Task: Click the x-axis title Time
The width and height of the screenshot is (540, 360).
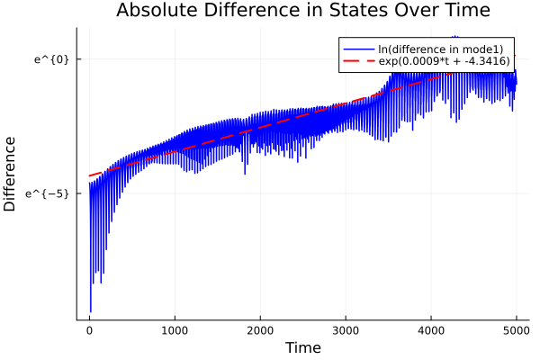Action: (x=302, y=347)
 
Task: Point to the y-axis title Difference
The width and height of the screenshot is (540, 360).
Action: (x=11, y=174)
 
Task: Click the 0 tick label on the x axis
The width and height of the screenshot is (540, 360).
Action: (x=89, y=329)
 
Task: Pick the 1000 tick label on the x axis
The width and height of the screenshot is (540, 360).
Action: (x=175, y=329)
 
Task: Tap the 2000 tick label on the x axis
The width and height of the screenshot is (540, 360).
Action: (x=260, y=329)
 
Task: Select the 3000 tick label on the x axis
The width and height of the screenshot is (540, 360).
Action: (x=346, y=329)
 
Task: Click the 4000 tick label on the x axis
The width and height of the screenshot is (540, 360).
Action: (x=431, y=329)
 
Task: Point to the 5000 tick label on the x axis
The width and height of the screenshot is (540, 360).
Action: (x=516, y=329)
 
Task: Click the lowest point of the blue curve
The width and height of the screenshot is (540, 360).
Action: (x=91, y=311)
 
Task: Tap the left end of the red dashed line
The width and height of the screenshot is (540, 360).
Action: (x=90, y=175)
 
